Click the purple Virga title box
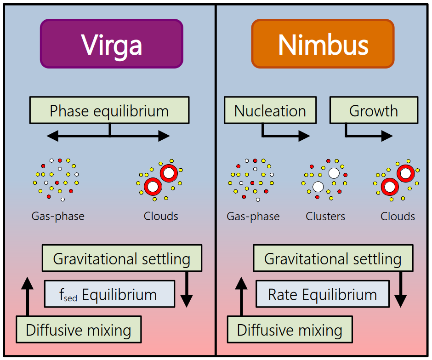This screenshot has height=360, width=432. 111,44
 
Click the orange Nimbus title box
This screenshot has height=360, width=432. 323,44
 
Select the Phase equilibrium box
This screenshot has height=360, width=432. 109,110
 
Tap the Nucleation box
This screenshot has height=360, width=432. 270,110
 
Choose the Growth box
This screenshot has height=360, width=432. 373,110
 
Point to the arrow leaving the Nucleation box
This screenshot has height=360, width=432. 285,135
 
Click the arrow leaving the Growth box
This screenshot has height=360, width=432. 368,135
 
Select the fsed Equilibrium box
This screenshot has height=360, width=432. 109,294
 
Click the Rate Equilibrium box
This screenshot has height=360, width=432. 322,294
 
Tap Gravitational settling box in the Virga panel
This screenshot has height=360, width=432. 121,258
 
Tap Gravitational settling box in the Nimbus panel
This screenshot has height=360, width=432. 332,258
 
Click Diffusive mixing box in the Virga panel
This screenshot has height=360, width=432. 78,330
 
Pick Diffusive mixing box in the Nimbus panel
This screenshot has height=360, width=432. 290,330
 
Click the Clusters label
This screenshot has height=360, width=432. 325,216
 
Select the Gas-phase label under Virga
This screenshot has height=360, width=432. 58,216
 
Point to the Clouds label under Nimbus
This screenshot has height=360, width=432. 398,216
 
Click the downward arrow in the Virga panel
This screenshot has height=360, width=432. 186,290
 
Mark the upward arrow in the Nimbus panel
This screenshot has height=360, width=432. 241,297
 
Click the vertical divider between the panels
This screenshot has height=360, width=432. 216,184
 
